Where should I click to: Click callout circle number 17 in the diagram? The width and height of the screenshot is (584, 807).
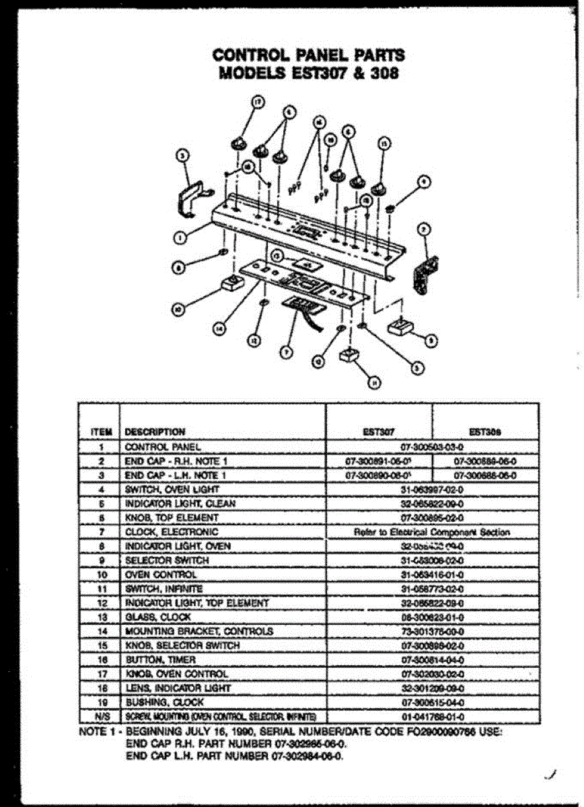coord(256,102)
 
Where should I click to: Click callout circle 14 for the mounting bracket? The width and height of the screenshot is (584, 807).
coord(219,329)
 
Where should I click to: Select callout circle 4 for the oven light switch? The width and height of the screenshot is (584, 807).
coord(423,180)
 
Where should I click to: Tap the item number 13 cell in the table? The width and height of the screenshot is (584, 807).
coord(100,617)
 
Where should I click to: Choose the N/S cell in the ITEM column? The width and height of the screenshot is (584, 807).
coord(100,716)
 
